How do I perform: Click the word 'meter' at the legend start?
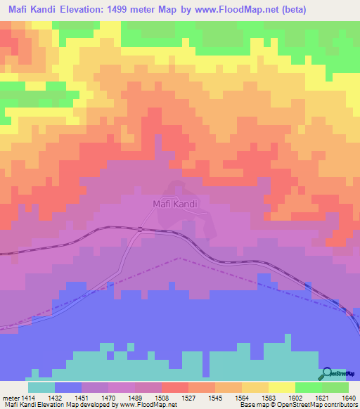point(12,397)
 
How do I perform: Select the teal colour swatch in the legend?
point(41,387)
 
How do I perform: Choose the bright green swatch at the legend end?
point(335,387)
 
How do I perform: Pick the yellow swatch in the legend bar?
point(281,387)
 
